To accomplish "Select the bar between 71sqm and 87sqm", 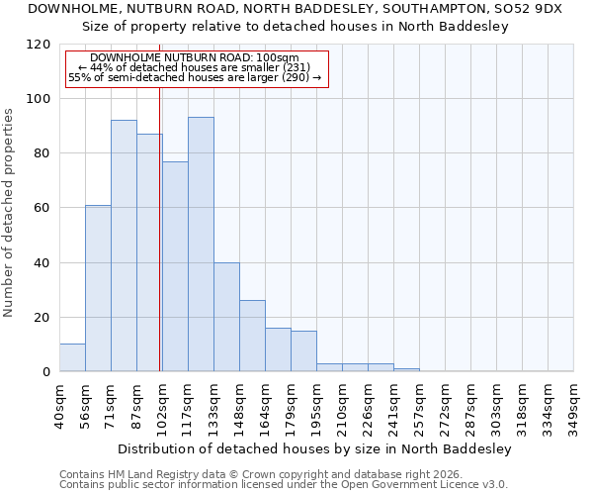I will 124,246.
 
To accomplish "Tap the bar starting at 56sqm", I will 98,288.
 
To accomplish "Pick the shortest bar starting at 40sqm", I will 72,358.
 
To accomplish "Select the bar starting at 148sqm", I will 252,337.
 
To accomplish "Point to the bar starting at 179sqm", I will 303,351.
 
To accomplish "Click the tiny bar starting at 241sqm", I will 406,370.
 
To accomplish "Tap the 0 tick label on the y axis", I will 46,372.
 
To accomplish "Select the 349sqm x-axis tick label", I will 575,407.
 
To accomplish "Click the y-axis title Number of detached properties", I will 9,213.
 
